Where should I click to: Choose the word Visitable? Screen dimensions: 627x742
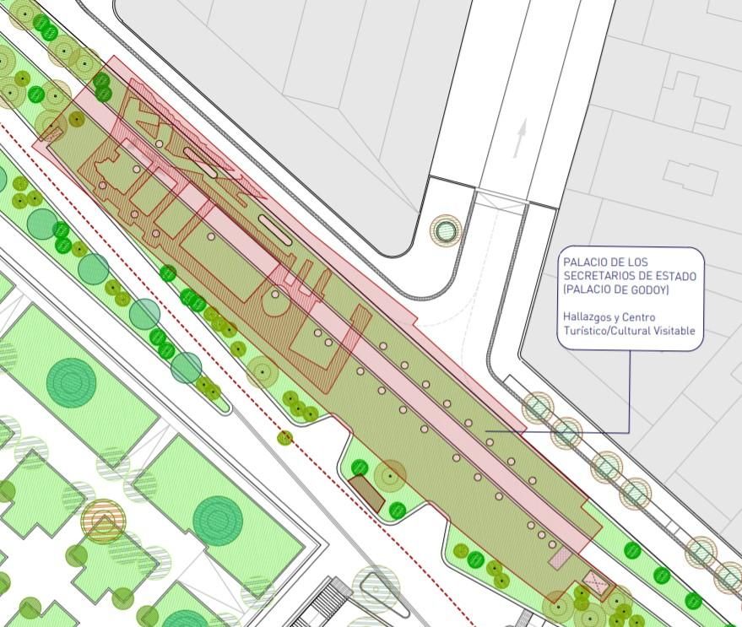(671, 331)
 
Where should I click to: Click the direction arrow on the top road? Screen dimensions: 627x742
(520, 138)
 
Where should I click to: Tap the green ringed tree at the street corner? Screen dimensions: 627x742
(445, 230)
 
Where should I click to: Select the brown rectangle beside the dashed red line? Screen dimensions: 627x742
(367, 493)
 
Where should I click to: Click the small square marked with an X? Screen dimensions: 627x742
(597, 581)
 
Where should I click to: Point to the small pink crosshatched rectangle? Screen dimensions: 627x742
(560, 556)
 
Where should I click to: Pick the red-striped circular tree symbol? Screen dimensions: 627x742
(103, 521)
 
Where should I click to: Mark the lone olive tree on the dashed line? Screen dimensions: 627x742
(285, 437)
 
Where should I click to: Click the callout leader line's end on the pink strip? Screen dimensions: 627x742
(488, 432)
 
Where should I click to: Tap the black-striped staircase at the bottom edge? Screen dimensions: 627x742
(325, 603)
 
